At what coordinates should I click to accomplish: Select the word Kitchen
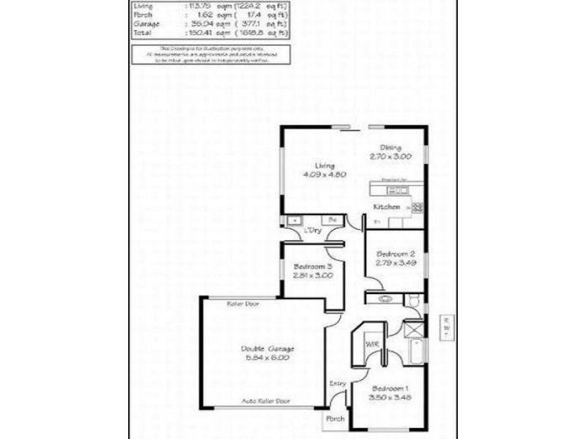387,207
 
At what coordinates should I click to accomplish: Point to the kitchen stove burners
418,207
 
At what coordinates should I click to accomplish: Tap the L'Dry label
313,231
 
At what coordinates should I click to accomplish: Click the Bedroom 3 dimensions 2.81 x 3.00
313,276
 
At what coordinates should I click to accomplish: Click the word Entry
337,383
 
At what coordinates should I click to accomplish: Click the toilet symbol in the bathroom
412,300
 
